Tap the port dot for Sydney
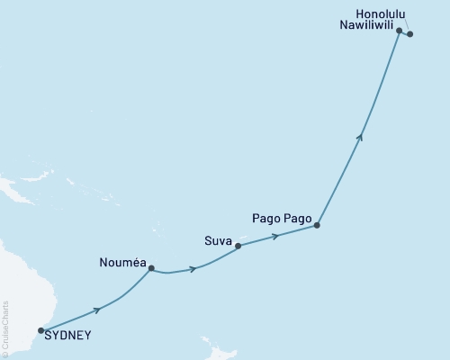click(x=41, y=330)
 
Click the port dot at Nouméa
click(x=151, y=267)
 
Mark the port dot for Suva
click(x=238, y=245)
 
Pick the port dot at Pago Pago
click(x=317, y=226)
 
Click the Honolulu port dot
click(x=410, y=34)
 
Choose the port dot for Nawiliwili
click(x=400, y=31)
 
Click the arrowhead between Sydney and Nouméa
click(x=97, y=310)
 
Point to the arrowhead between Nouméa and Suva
click(x=193, y=268)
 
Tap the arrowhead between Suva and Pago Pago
click(x=275, y=236)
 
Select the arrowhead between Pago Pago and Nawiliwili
click(x=360, y=137)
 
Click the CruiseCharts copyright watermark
click(x=5, y=328)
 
